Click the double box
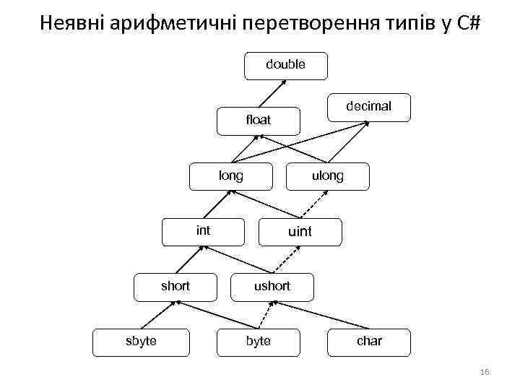click(x=285, y=65)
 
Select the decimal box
click(x=368, y=106)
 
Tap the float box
click(x=258, y=121)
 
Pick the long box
click(x=231, y=175)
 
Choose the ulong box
click(x=328, y=175)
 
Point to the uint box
click(x=300, y=232)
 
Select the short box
click(x=175, y=286)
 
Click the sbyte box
click(x=141, y=341)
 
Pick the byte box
click(x=258, y=341)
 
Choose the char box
click(x=369, y=341)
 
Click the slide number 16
click(x=484, y=372)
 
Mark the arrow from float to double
click(x=271, y=92)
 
